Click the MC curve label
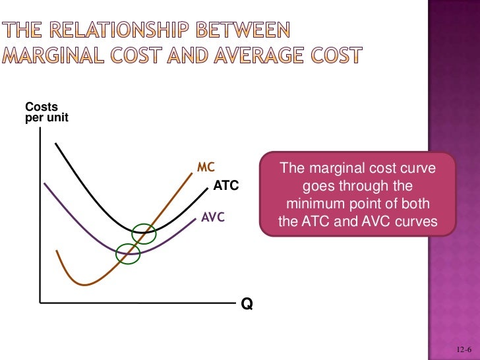206,166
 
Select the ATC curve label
225,186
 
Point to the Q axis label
247,304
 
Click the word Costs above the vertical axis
41,107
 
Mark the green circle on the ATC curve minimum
144,233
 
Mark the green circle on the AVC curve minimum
129,253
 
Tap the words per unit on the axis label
46,118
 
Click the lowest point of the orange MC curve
84,285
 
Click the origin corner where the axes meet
41,303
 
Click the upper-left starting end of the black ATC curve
56,143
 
